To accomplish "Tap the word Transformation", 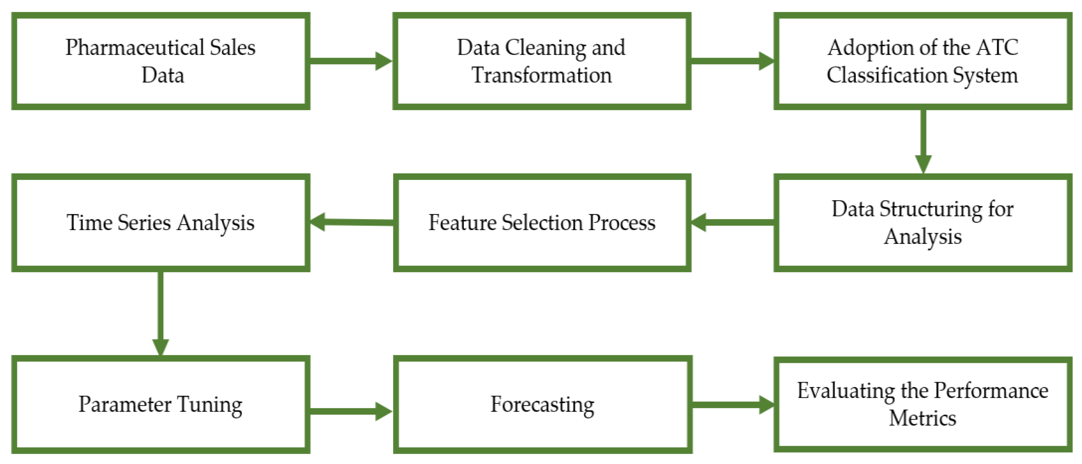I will [541, 76].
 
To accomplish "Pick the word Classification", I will [887, 76].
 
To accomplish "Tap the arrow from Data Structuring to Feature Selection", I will [733, 222].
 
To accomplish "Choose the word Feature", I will [462, 222].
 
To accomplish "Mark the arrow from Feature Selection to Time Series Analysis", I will [352, 222].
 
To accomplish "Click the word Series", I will [144, 222].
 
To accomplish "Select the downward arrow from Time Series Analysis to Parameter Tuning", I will [160, 313].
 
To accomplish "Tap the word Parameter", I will [125, 404].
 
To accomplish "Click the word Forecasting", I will [542, 405].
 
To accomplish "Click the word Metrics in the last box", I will [922, 419].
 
